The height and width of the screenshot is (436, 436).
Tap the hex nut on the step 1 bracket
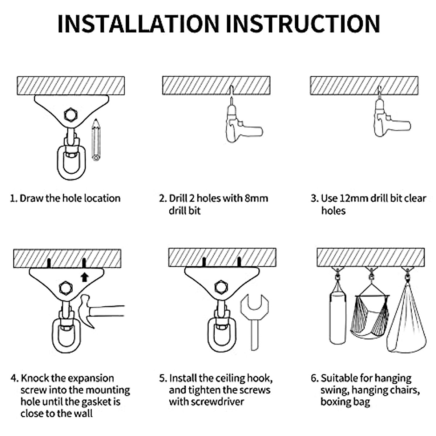[x=71, y=115]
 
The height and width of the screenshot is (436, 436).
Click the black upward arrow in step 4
[x=85, y=277]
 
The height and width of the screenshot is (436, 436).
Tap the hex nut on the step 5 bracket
[x=221, y=287]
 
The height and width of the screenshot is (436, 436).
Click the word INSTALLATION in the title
[x=138, y=24]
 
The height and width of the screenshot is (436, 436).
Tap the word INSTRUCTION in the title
[x=303, y=24]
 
